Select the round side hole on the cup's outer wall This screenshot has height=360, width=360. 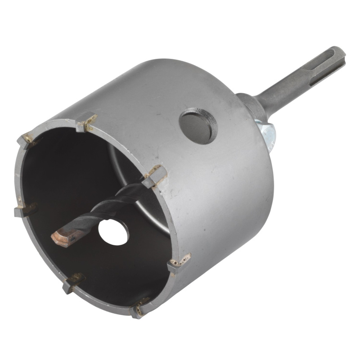(x=198, y=126)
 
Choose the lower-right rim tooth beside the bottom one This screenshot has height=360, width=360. (x=179, y=263)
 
